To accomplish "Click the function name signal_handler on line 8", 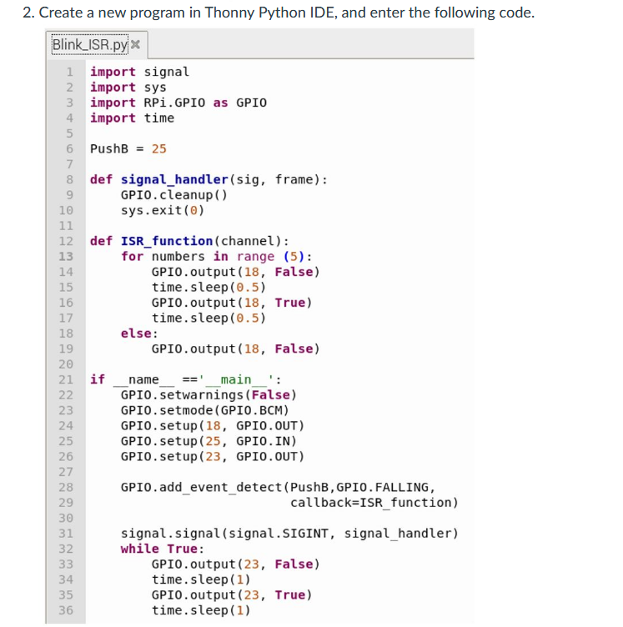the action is (174, 179).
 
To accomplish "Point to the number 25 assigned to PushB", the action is (158, 148).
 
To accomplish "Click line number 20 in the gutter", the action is (66, 364).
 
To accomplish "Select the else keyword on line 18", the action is (136, 334).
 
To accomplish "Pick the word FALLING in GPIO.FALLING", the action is (404, 487).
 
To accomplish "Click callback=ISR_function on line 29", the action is (374, 503).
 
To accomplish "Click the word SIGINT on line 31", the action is (312, 533).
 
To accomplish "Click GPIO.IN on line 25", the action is (263, 441).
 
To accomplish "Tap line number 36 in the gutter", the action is (66, 610).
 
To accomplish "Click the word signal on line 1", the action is (167, 72).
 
